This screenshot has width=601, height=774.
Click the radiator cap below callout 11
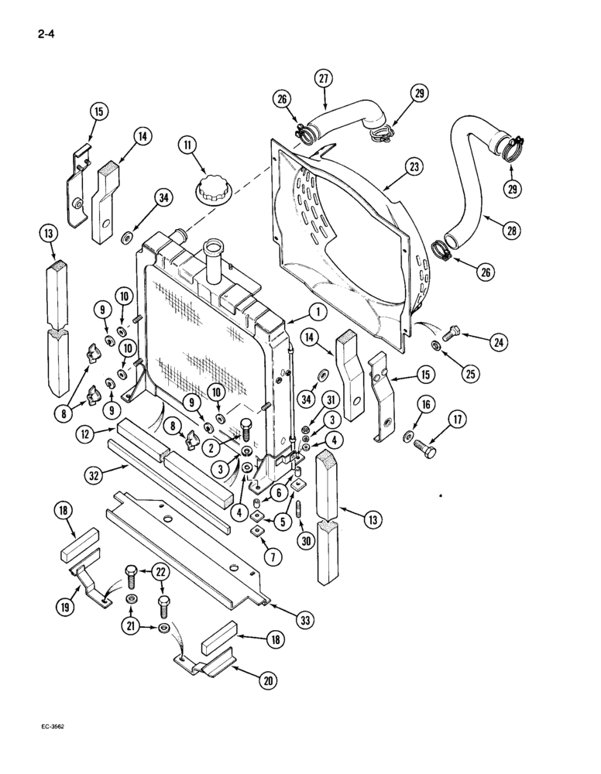coord(209,190)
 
